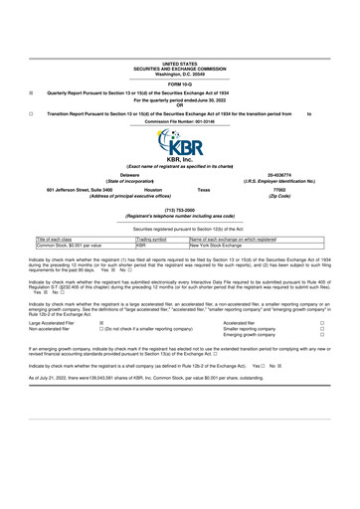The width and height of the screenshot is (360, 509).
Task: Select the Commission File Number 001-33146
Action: coord(179,121)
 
